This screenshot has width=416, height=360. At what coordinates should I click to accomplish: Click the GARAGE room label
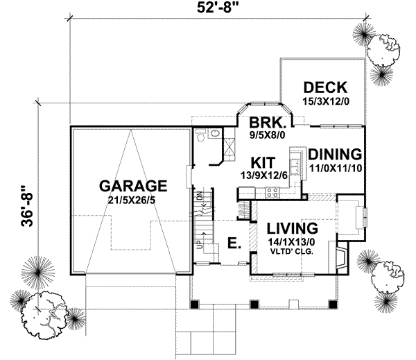pyautogui.click(x=132, y=186)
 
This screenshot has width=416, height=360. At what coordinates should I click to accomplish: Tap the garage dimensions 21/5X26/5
pyautogui.click(x=132, y=199)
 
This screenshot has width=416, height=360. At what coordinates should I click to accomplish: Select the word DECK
pyautogui.click(x=324, y=88)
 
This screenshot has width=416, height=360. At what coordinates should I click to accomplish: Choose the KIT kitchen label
pyautogui.click(x=263, y=162)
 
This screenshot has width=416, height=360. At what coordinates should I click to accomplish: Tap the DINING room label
pyautogui.click(x=335, y=154)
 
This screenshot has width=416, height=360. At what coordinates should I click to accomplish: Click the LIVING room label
pyautogui.click(x=287, y=228)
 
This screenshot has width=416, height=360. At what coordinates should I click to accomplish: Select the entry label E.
pyautogui.click(x=234, y=243)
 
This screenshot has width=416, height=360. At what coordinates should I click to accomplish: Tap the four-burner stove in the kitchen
pyautogui.click(x=270, y=194)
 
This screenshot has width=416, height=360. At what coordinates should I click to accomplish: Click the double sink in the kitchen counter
pyautogui.click(x=294, y=166)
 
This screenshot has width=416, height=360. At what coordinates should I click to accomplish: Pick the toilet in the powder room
pyautogui.click(x=214, y=133)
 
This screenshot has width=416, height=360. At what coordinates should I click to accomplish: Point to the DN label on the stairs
pyautogui.click(x=199, y=196)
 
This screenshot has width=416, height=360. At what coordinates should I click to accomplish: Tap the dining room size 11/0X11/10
pyautogui.click(x=335, y=167)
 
